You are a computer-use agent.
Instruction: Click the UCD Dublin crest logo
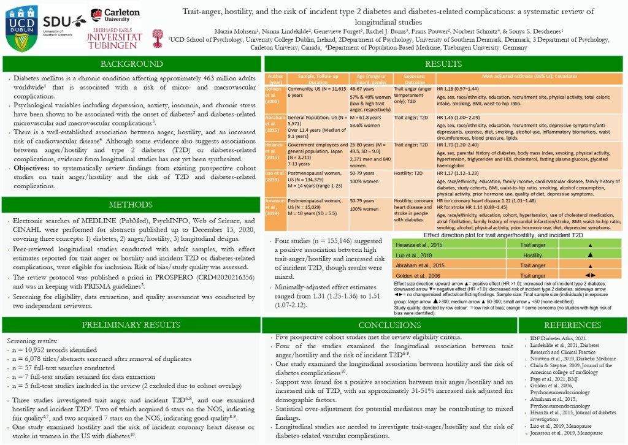click(20, 29)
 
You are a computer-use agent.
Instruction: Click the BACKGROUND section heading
click(132, 64)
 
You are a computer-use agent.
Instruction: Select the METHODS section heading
click(132, 204)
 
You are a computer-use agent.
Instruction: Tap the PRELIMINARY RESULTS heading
click(132, 325)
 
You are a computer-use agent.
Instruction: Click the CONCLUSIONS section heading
click(389, 325)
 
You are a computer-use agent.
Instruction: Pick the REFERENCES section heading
click(572, 325)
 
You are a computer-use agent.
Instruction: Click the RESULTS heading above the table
click(443, 64)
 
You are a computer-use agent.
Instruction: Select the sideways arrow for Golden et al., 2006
click(589, 276)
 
